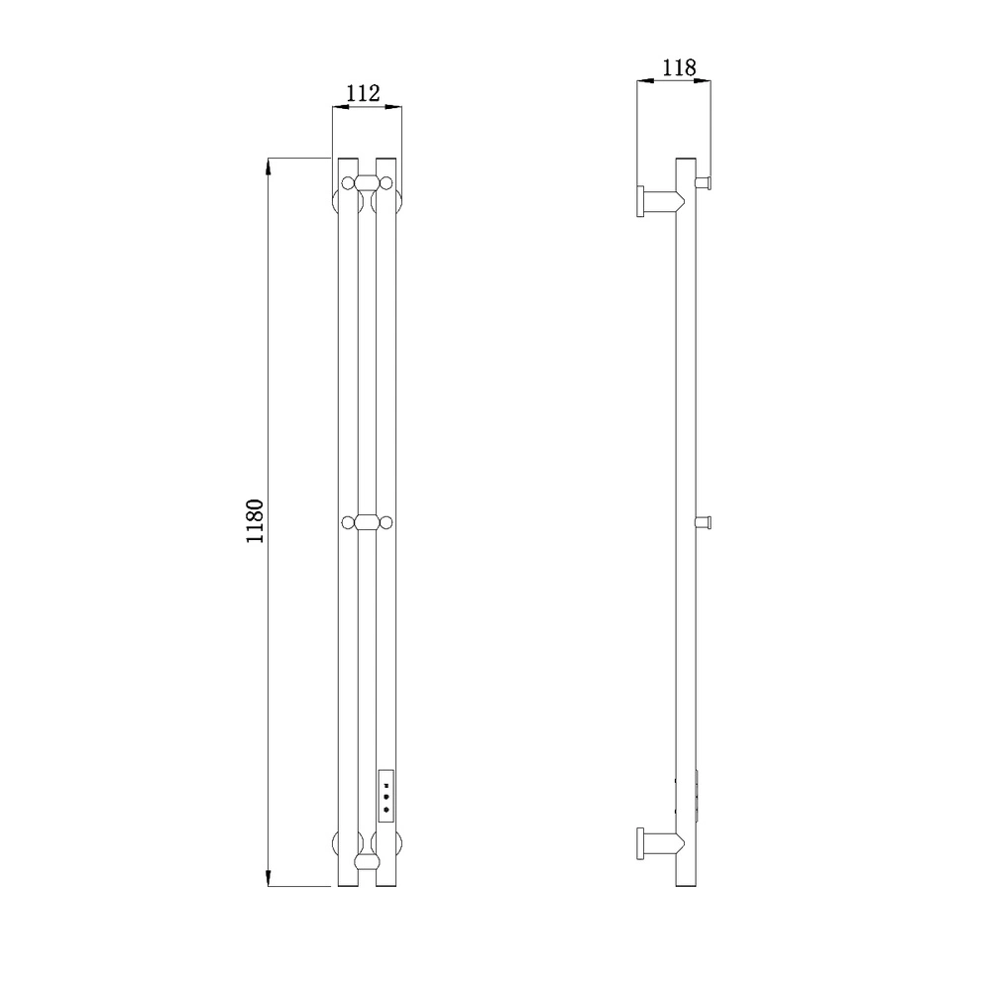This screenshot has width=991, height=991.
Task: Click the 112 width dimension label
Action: pos(363,93)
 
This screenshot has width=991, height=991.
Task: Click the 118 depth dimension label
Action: pos(679,67)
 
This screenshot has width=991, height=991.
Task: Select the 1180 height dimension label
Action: pos(255,521)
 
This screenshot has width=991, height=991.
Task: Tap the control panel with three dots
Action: pos(386,796)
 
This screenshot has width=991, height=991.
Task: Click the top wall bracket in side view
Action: pos(659,201)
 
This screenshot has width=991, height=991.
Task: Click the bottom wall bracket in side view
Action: pos(659,843)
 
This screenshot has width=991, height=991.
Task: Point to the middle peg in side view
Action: pos(704,522)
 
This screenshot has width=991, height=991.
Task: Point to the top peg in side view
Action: pos(704,182)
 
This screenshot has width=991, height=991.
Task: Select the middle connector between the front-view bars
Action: pos(367,522)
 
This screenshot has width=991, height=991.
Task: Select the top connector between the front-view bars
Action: pos(367,183)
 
